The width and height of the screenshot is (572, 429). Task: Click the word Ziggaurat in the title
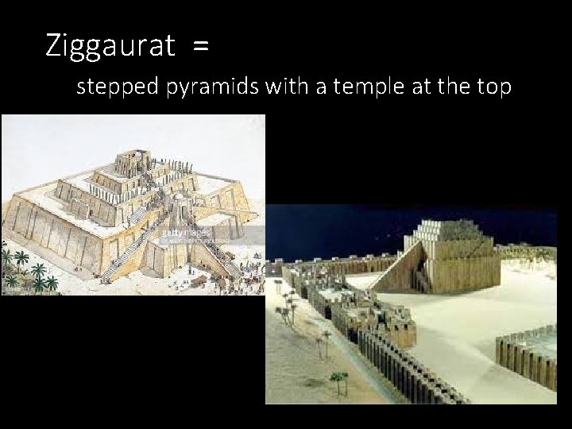tap(110, 46)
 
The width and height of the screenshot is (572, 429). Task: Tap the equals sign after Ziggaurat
tap(200, 46)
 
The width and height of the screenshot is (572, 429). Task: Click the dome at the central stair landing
tap(181, 197)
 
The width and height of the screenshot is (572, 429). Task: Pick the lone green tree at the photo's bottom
tap(339, 381)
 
